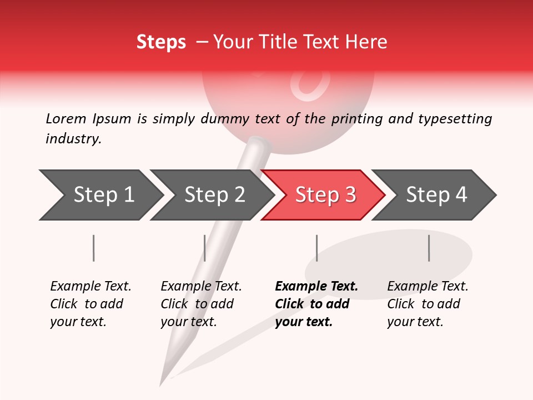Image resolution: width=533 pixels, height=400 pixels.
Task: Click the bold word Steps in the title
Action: pyautogui.click(x=161, y=42)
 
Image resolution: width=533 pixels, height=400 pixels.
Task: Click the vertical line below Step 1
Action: pyautogui.click(x=93, y=248)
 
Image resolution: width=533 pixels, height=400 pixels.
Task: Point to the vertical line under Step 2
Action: pyautogui.click(x=205, y=248)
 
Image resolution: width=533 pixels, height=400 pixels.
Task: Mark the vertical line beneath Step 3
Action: pyautogui.click(x=316, y=248)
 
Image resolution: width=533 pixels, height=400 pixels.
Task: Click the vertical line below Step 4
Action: pyautogui.click(x=429, y=248)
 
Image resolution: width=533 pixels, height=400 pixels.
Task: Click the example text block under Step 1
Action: pyautogui.click(x=90, y=304)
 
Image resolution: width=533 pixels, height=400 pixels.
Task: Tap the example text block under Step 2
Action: pyautogui.click(x=200, y=304)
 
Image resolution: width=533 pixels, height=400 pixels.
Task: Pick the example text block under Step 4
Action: pyautogui.click(x=427, y=304)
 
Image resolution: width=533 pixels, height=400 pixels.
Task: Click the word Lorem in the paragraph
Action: pyautogui.click(x=66, y=118)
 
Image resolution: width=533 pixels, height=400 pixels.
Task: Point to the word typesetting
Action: pyautogui.click(x=455, y=119)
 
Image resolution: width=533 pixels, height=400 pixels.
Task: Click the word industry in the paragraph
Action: pyautogui.click(x=73, y=139)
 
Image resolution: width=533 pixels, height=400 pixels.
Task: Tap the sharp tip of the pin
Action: pyautogui.click(x=162, y=383)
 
